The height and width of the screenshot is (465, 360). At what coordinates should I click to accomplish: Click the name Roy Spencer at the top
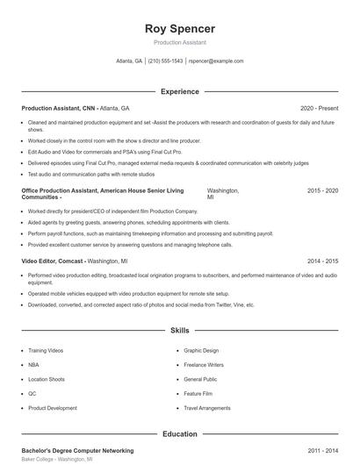tap(180, 29)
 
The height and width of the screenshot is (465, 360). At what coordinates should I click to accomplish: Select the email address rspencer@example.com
tap(216, 61)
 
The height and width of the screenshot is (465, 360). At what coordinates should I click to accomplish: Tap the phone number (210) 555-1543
tap(165, 61)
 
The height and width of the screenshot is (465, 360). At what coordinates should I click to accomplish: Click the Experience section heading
tap(180, 91)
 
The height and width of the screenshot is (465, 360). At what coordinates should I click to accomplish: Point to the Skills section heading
tap(180, 331)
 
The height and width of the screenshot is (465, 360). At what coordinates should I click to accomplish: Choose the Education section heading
tap(180, 433)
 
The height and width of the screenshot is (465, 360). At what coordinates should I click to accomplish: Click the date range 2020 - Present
tap(319, 108)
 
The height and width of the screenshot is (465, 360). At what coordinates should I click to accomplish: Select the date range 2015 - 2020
tap(323, 190)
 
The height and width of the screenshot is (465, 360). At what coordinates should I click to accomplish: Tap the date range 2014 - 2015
tap(323, 261)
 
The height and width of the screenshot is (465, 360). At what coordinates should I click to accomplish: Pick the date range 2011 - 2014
tap(323, 450)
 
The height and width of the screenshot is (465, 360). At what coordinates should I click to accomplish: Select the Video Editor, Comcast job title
tap(54, 261)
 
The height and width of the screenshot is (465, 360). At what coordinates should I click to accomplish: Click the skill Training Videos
tap(46, 350)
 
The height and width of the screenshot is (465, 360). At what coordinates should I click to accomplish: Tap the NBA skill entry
tap(33, 364)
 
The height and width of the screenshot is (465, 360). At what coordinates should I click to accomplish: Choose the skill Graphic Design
tap(202, 350)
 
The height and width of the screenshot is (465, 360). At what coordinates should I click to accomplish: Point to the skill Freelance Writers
tap(205, 364)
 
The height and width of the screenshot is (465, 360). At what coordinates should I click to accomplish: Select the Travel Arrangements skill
tap(208, 408)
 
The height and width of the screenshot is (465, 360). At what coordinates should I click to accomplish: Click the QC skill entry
tap(32, 393)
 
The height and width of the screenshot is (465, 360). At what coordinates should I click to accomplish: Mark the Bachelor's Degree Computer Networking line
tap(77, 450)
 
